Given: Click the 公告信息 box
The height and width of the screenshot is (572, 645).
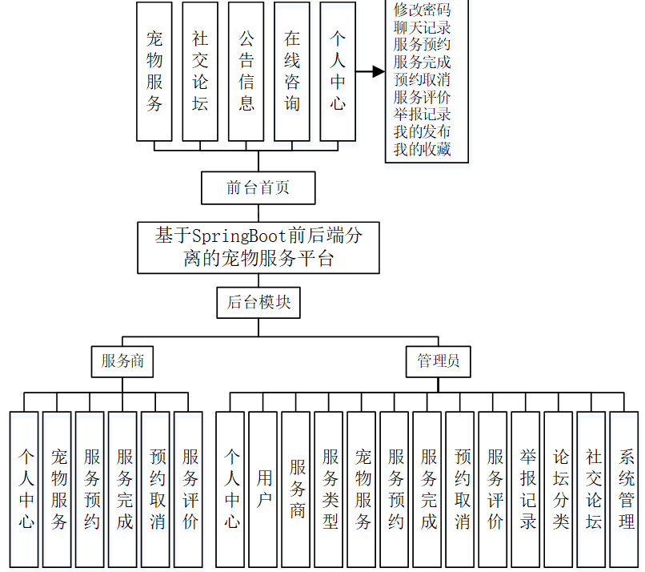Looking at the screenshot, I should pos(246,71).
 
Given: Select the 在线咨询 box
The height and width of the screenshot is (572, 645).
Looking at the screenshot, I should pos(292,71).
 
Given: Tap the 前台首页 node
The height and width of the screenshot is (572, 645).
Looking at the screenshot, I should pos(258,188).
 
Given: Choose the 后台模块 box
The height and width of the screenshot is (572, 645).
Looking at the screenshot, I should pos(258,302).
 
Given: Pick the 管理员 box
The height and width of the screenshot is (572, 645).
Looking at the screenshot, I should pos(439,361).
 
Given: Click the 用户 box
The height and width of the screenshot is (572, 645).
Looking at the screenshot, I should pos(264,489).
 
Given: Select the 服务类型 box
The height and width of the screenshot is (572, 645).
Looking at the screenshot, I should pos(330,489).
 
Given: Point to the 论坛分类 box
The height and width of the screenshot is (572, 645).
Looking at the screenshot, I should pos(559,489).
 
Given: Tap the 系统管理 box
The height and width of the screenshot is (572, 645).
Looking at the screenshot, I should pos(625,489).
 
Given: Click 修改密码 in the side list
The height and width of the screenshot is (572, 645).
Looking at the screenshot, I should pos(422,10).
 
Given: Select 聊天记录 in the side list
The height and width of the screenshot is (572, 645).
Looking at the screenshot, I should pos(422,28).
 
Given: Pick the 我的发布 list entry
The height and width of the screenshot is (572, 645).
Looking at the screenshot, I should pos(422,131).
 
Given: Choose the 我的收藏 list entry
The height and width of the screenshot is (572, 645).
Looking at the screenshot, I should pos(422,149).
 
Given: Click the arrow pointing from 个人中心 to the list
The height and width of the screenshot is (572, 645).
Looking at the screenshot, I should pos(370,71).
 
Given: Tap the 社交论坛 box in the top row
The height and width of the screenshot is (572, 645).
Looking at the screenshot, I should pos(200,71).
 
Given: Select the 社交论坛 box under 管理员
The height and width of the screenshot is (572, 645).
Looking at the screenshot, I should pos(592,489).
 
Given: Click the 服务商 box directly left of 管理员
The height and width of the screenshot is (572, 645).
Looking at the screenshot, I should pos(122,361).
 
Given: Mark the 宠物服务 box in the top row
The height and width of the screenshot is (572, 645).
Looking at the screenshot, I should pos(154,71).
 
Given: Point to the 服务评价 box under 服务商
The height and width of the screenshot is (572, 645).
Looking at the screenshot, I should pos(189,489).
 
